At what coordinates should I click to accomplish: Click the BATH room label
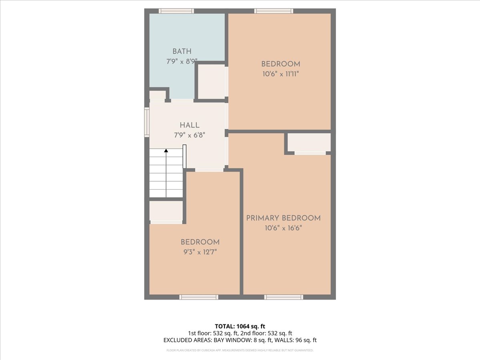[x=182, y=52]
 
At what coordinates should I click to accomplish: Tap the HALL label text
[x=190, y=125]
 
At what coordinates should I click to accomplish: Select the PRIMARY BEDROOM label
[x=284, y=218]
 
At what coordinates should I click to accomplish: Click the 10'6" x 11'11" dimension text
[x=280, y=74]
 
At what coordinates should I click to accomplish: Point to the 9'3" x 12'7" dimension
[x=200, y=252]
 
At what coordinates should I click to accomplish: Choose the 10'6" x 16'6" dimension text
[x=284, y=228]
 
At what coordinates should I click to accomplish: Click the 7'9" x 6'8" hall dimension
[x=190, y=135]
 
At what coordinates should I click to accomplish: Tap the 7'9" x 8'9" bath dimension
[x=182, y=62]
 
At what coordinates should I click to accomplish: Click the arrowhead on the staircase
[x=166, y=150]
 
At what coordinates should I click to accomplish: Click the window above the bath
[x=176, y=11]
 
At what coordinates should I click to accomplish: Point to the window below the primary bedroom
[x=284, y=297]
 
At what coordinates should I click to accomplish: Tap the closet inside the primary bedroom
[x=309, y=142]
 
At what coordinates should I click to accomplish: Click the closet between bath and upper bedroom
[x=212, y=82]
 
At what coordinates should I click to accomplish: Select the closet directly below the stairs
[x=166, y=211]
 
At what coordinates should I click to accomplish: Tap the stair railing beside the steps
[x=184, y=156]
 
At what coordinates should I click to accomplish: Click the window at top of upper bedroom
[x=274, y=11]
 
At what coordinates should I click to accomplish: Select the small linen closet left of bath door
[x=157, y=95]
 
